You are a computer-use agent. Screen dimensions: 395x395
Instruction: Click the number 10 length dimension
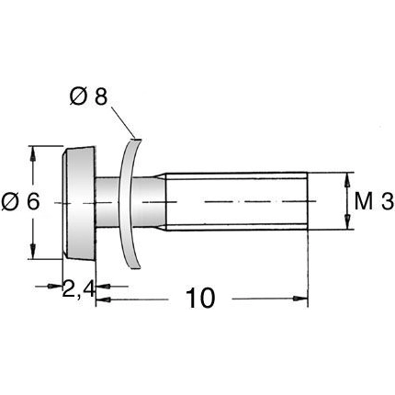pyautogui.click(x=200, y=299)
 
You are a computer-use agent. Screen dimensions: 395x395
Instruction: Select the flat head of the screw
pyautogui.click(x=77, y=200)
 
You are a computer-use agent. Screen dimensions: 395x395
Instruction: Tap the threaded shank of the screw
pyautogui.click(x=234, y=200)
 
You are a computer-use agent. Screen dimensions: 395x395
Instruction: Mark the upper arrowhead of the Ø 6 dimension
pyautogui.click(x=34, y=152)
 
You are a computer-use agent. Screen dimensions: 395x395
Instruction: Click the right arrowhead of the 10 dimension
pyautogui.click(x=300, y=299)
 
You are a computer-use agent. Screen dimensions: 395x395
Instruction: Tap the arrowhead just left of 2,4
pyautogui.click(x=57, y=287)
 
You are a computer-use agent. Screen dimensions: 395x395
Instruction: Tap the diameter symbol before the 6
pyautogui.click(x=9, y=202)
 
